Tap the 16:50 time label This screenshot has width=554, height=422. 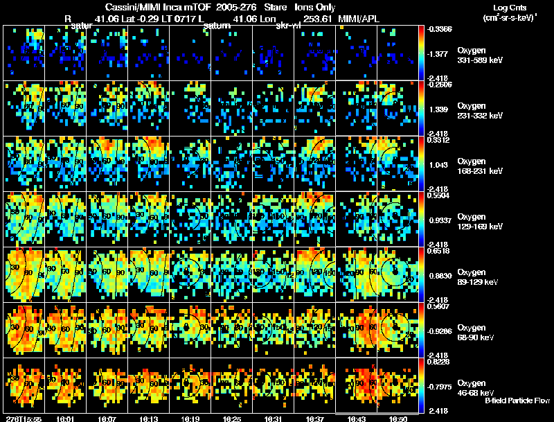point(400,419)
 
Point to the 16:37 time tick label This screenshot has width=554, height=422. point(314,419)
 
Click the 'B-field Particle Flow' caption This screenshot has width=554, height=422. point(517,401)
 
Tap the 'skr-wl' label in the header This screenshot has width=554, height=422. point(287,26)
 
